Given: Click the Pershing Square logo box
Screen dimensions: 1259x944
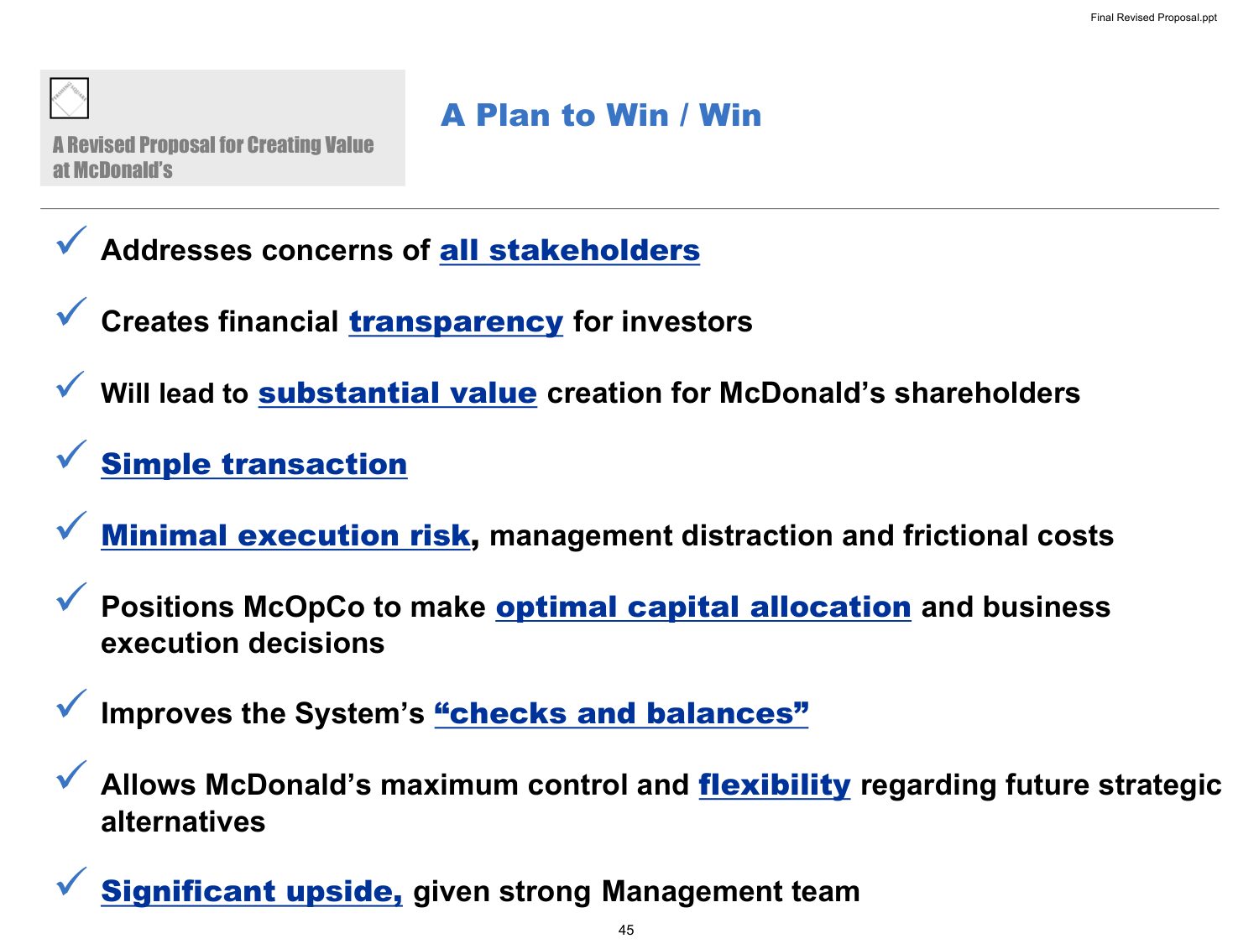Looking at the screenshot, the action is coord(69,98).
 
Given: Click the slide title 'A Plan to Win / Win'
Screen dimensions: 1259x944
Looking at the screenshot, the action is coord(600,115).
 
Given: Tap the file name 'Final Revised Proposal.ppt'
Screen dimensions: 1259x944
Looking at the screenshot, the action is coord(1153,17).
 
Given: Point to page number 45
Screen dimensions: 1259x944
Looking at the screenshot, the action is coord(626,930).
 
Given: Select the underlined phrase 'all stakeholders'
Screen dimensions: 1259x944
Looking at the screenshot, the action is coord(570,251).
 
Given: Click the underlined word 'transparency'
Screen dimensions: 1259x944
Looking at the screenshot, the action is coord(456,322).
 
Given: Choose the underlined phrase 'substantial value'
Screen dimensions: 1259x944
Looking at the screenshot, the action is coord(398,394).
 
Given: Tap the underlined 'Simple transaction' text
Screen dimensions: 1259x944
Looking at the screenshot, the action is coord(254,464).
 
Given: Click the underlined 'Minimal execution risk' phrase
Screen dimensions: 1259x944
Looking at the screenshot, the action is coord(285,536).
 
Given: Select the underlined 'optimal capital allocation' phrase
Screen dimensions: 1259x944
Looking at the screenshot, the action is coord(703,607).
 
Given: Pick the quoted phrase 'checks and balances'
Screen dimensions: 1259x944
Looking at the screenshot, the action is coord(621,713).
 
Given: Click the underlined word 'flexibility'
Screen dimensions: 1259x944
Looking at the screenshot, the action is coord(775,785).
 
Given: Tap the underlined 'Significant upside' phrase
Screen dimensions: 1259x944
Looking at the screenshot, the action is coord(252,892).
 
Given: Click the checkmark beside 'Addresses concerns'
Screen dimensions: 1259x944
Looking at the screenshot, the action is coord(71,240).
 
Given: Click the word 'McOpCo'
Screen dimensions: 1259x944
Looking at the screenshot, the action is coord(304,608).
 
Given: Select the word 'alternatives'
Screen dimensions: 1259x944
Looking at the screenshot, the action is coord(183,822).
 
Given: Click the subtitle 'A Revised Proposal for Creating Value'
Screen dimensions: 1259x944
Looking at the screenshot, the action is coord(213,145).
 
